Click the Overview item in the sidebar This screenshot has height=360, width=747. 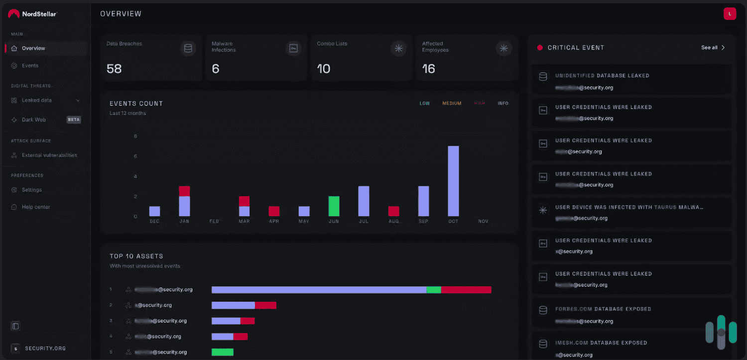pyautogui.click(x=33, y=48)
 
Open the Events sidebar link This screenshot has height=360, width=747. pyautogui.click(x=30, y=66)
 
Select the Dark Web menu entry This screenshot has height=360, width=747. pyautogui.click(x=34, y=120)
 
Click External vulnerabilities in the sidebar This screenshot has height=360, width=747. pyautogui.click(x=49, y=155)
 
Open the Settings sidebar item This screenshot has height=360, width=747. pyautogui.click(x=31, y=190)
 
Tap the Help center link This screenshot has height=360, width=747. pyautogui.click(x=36, y=207)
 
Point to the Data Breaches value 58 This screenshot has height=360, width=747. pyautogui.click(x=114, y=69)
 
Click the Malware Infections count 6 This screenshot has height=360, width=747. pyautogui.click(x=216, y=69)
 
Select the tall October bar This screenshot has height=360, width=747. pyautogui.click(x=453, y=181)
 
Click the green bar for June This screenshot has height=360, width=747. pyautogui.click(x=334, y=206)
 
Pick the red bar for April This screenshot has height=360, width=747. pyautogui.click(x=274, y=211)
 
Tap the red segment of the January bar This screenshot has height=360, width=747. pyautogui.click(x=184, y=191)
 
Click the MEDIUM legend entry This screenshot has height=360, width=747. pyautogui.click(x=452, y=104)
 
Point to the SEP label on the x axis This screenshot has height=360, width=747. pyautogui.click(x=423, y=221)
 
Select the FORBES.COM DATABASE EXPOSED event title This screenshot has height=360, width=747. pyautogui.click(x=603, y=309)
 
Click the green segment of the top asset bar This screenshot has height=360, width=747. pyautogui.click(x=434, y=290)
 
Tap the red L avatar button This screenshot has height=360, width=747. pyautogui.click(x=730, y=14)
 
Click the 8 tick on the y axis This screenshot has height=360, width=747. pyautogui.click(x=135, y=136)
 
